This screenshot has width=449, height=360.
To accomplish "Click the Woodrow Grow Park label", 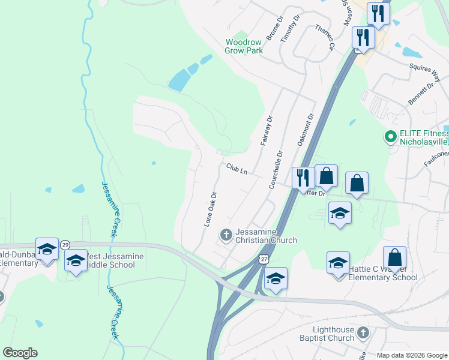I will click(x=244, y=46).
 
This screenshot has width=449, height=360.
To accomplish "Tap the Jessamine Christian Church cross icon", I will click(x=226, y=235).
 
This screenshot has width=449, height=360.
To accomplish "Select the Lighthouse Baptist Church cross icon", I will click(x=363, y=332).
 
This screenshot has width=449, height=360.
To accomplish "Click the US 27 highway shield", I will click(x=263, y=258).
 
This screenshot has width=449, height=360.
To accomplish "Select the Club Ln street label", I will click(x=237, y=170).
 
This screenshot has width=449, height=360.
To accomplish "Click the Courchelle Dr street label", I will click(x=276, y=170).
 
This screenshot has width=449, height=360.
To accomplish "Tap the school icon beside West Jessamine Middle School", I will click(x=76, y=261).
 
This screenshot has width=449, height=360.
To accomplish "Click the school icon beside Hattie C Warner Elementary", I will click(x=338, y=262).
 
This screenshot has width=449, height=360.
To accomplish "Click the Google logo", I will click(x=20, y=353).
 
